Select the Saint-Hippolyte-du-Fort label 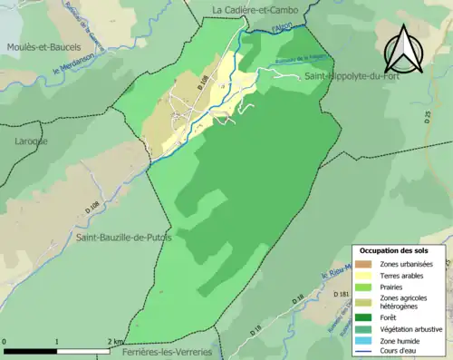click(352, 78)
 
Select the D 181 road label click(341, 295)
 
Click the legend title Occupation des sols click(394, 250)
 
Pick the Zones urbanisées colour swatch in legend click(363, 263)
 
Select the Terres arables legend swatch click(363, 275)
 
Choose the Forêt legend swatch click(363, 316)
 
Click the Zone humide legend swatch click(363, 340)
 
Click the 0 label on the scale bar click(5, 342)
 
